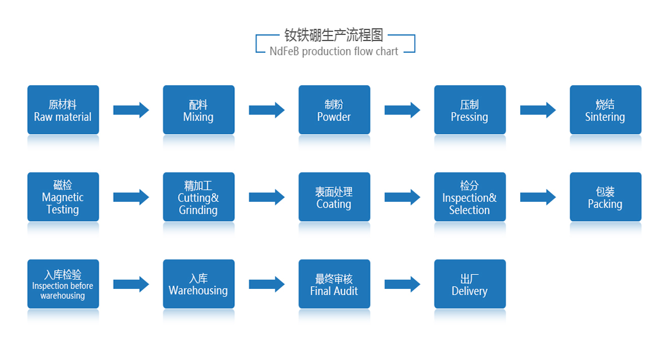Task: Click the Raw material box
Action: (x=63, y=110)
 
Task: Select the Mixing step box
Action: (x=199, y=110)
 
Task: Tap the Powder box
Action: (x=334, y=110)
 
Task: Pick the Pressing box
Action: (x=470, y=110)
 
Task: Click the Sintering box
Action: (x=606, y=110)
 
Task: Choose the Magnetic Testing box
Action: (x=63, y=197)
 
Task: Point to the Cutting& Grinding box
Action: (x=199, y=197)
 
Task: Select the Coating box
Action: (x=334, y=197)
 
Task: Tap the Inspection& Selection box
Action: (x=470, y=197)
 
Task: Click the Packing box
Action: (x=606, y=197)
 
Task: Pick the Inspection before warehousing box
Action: (x=63, y=284)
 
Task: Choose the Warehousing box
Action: (x=199, y=284)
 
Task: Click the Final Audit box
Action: (x=334, y=284)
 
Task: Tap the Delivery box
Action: (x=470, y=284)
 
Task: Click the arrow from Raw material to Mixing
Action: (x=131, y=110)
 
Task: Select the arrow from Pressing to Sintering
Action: (x=538, y=110)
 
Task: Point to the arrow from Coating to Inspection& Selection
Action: (x=402, y=197)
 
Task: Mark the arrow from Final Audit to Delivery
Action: (x=402, y=284)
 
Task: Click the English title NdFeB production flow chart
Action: (x=334, y=52)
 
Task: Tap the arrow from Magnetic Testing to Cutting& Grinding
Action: (x=131, y=197)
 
